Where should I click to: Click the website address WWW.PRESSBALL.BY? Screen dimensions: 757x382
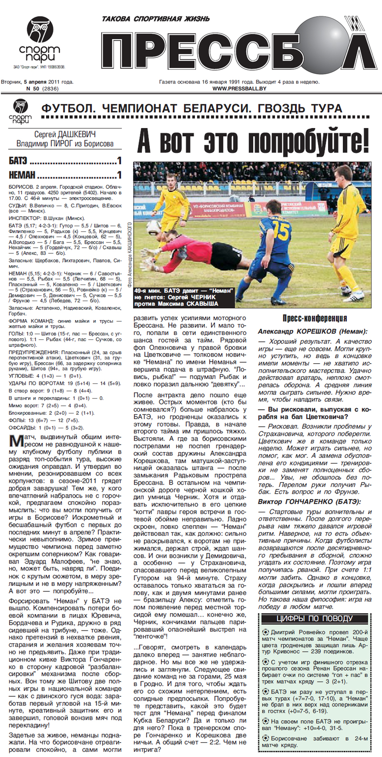pyautogui.click(x=239, y=88)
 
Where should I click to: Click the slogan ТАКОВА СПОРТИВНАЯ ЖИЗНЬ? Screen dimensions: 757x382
pyautogui.click(x=156, y=19)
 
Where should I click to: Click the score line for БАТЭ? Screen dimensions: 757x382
pyautogui.click(x=65, y=161)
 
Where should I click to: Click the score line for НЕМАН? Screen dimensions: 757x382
pyautogui.click(x=65, y=175)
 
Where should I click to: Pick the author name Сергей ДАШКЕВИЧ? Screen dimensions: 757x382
pyautogui.click(x=65, y=135)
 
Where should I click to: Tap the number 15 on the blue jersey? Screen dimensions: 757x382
pyautogui.click(x=281, y=231)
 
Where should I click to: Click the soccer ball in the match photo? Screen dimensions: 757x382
pyautogui.click(x=155, y=227)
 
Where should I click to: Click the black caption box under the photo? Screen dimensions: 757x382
pyautogui.click(x=184, y=297)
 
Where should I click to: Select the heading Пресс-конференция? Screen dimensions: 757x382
pyautogui.click(x=314, y=318)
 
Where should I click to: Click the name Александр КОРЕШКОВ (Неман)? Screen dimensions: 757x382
pyautogui.click(x=312, y=331)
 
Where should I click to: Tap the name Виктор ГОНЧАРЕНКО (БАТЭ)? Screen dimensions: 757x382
pyautogui.click(x=309, y=502)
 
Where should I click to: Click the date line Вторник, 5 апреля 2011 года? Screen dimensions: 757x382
pyautogui.click(x=37, y=82)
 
